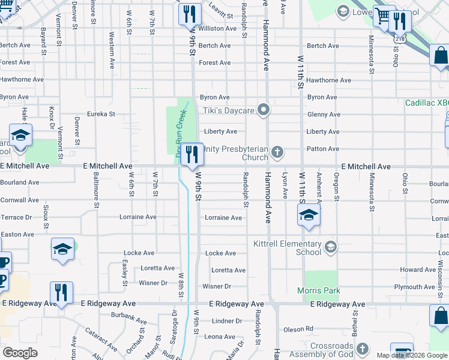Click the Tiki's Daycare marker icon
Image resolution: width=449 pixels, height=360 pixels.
[262, 109]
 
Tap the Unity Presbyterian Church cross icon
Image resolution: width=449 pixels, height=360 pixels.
[277, 151]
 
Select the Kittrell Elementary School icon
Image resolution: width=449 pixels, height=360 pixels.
[330, 246]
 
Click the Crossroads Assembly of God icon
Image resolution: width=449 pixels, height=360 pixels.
[361, 349]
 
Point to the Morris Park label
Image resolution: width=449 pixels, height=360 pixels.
[319, 291]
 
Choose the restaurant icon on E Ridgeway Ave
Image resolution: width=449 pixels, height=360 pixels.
[61, 293]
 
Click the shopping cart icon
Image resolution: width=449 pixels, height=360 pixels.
[382, 17]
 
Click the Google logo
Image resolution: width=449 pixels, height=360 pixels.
[20, 353]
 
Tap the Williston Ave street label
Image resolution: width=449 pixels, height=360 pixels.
[217, 29]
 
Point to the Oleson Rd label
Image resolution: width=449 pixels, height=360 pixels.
[298, 329]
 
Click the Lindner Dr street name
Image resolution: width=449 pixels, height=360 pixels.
[226, 322]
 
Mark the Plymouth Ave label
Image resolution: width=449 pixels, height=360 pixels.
[414, 287]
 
